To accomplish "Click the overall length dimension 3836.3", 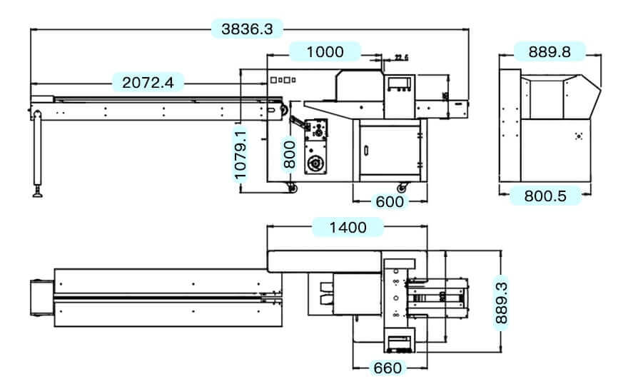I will [x=247, y=29].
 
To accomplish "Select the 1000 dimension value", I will [x=325, y=51].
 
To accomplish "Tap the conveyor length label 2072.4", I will [x=148, y=82].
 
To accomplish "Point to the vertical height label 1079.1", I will [x=241, y=153].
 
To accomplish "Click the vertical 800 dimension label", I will [x=289, y=153].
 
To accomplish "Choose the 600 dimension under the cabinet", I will [x=390, y=202].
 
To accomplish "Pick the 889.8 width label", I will [x=549, y=51].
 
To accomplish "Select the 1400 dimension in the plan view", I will [x=348, y=227].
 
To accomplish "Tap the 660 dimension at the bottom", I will [x=388, y=368].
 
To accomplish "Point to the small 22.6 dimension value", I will [x=400, y=58].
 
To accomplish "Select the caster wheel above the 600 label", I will [x=401, y=188].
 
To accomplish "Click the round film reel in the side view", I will [x=313, y=165].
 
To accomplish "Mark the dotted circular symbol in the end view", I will [x=578, y=135].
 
